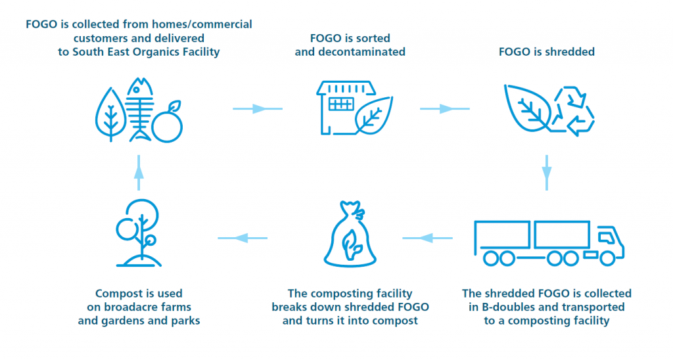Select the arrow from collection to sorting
[257, 108]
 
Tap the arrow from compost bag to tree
[243, 237]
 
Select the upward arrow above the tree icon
[139, 171]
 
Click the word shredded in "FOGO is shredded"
[570, 53]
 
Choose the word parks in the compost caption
[185, 321]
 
